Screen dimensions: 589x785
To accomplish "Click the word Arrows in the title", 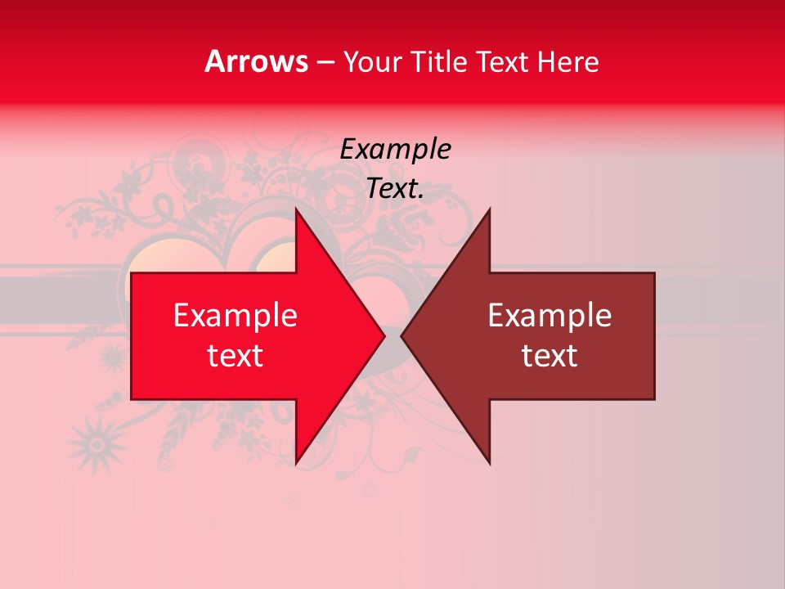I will click(x=256, y=61).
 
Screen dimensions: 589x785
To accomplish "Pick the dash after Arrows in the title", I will click(x=325, y=63).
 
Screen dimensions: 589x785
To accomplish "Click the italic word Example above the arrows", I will click(x=396, y=150).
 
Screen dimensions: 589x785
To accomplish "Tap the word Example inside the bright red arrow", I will click(x=235, y=316).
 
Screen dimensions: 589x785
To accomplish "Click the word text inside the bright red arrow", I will click(x=235, y=356).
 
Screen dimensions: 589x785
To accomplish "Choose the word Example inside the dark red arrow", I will click(x=549, y=316).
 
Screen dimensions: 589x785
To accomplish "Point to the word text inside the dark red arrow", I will click(x=549, y=356).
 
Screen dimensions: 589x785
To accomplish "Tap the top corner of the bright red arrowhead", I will click(x=297, y=210).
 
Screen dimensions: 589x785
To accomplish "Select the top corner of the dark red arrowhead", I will click(x=489, y=210).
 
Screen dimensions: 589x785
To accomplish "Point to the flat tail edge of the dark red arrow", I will click(x=654, y=335).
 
